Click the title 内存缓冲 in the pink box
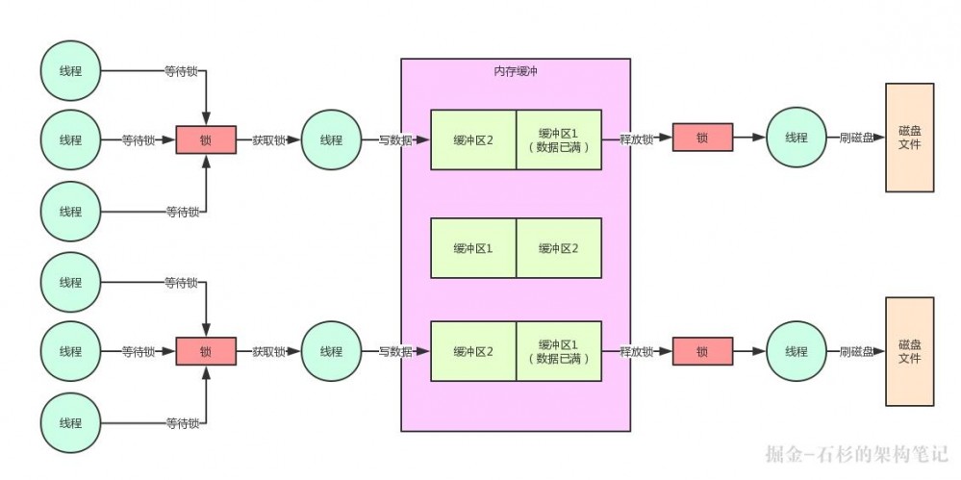click(515, 71)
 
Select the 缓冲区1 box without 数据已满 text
click(473, 248)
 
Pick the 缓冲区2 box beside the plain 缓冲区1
click(559, 248)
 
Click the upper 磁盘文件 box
click(909, 137)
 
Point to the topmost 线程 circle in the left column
click(70, 70)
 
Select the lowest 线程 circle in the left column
click(70, 422)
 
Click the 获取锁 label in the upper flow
click(268, 139)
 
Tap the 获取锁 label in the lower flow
click(268, 352)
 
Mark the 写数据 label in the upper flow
click(395, 139)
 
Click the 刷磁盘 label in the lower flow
click(856, 352)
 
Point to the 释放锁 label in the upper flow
click(637, 139)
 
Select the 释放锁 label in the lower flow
click(637, 352)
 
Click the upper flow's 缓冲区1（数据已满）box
click(559, 139)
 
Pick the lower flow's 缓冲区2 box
click(473, 352)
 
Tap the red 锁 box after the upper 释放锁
click(701, 139)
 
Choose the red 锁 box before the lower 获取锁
click(206, 352)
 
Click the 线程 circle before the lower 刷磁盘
click(797, 352)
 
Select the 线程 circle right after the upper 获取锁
click(331, 139)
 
